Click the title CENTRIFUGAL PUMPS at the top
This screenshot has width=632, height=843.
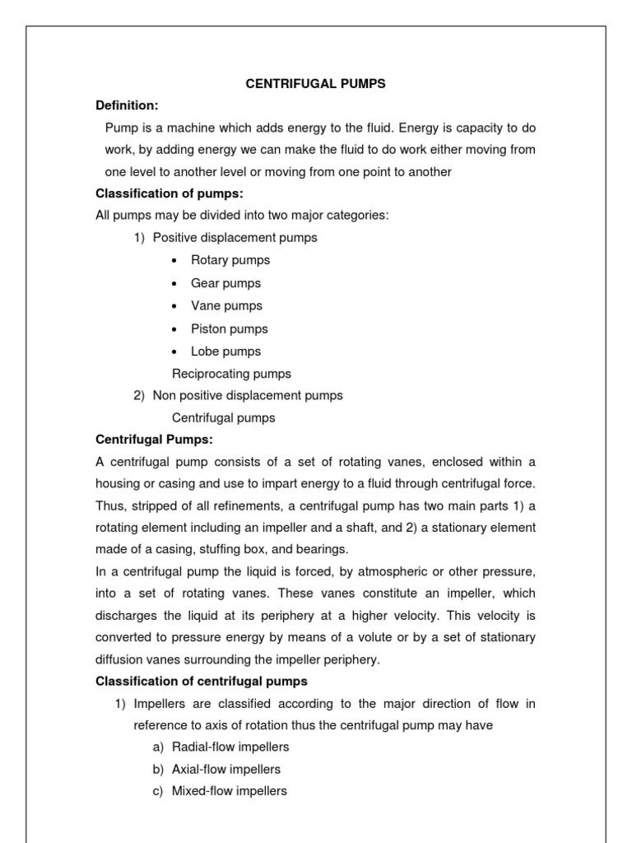click(317, 83)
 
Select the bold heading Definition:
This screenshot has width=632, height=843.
click(127, 105)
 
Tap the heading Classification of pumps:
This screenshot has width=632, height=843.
click(170, 193)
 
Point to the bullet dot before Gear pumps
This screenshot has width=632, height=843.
click(174, 284)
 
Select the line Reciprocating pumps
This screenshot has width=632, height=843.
click(231, 374)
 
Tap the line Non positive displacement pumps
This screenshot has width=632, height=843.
click(248, 395)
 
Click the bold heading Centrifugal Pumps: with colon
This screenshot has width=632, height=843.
click(155, 440)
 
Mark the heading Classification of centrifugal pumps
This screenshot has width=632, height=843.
click(202, 681)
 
